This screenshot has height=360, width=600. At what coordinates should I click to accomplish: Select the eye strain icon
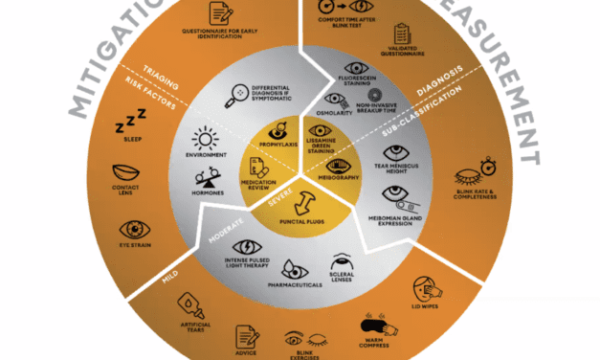coord(132,229)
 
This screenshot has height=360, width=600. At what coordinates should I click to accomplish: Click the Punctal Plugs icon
coord(300,202)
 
